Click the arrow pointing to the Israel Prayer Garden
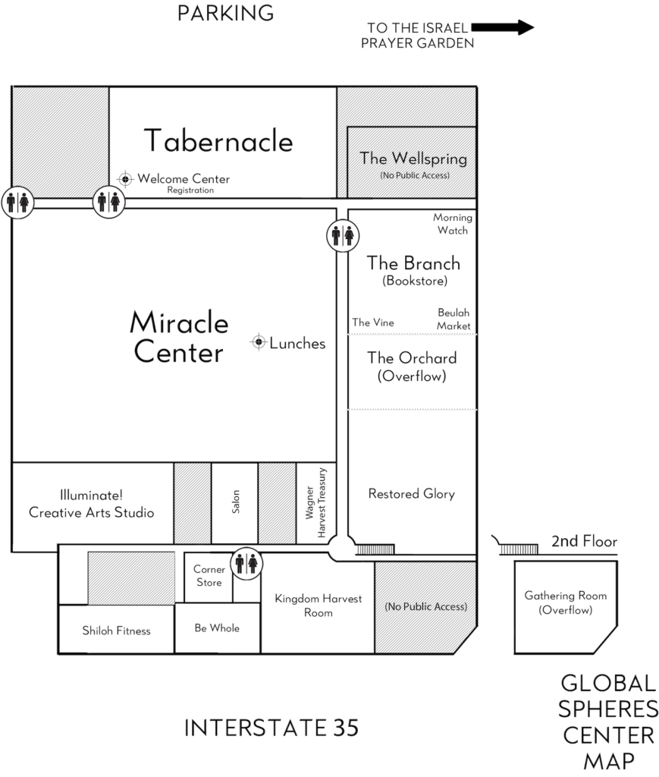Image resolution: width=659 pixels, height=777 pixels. (503, 27)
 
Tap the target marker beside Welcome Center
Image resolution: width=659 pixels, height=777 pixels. (125, 178)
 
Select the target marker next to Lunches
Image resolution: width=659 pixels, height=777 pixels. (259, 342)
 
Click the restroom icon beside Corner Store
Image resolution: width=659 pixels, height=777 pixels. (246, 564)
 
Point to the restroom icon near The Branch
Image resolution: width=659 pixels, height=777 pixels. (343, 235)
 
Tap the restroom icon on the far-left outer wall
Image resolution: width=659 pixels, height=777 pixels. (18, 202)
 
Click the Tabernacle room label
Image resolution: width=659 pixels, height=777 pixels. (218, 140)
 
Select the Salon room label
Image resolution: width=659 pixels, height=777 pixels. (236, 502)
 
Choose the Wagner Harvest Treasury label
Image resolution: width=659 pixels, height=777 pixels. (316, 502)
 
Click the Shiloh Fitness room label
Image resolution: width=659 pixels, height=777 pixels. (116, 631)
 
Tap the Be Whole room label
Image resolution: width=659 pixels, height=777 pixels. (217, 628)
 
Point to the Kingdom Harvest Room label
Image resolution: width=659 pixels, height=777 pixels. (319, 606)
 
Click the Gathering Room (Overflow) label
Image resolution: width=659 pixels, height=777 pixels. (566, 602)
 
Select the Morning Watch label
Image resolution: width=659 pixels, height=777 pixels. (453, 224)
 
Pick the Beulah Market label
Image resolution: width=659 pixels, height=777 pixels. (453, 319)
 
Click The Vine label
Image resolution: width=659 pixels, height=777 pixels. (373, 322)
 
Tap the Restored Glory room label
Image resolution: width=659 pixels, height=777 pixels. (412, 493)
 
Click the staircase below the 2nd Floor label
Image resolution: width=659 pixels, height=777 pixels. (519, 549)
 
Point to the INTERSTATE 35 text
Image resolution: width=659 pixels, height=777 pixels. (271, 728)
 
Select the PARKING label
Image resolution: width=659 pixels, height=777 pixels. (225, 14)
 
